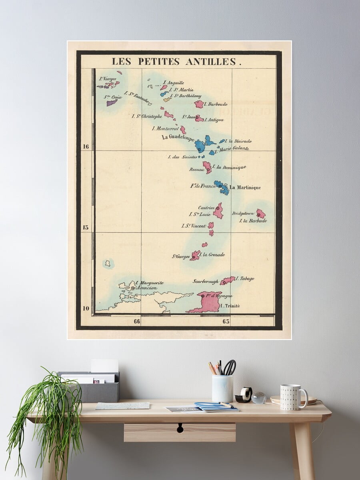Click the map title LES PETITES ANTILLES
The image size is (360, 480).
click(176, 62)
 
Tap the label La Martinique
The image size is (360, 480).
click(245, 188)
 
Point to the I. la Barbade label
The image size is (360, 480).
click(253, 220)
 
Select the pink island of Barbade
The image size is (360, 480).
click(260, 213)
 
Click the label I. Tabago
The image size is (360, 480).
click(245, 278)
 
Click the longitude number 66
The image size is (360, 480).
click(137, 321)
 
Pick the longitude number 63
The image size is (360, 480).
click(226, 321)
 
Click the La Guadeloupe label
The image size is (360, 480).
click(178, 137)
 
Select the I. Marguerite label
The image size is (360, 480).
click(149, 283)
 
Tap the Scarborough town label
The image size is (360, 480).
click(206, 281)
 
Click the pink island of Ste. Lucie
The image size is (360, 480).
click(218, 211)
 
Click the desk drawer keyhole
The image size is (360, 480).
click(180, 428)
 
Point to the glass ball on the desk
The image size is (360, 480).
click(259, 397)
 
